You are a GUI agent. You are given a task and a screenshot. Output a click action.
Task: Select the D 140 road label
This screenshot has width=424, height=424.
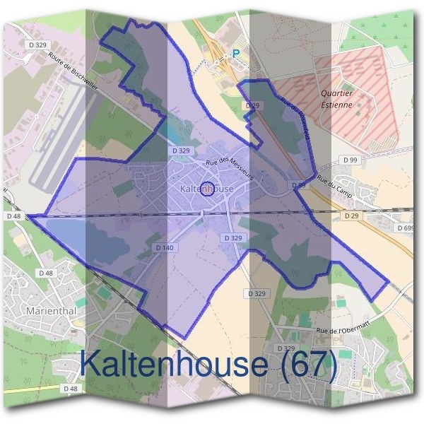[x=164, y=247]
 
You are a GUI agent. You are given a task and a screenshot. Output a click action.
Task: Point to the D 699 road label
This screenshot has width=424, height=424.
[x=406, y=228]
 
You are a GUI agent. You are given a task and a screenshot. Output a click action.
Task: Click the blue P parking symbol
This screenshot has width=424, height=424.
[x=237, y=53]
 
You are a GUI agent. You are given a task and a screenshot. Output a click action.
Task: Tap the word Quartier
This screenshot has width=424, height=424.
[x=336, y=93]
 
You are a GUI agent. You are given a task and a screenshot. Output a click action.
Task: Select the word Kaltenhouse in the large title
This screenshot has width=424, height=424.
[x=173, y=364]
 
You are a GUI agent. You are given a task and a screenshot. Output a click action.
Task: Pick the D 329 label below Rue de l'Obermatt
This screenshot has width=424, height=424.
[x=285, y=348]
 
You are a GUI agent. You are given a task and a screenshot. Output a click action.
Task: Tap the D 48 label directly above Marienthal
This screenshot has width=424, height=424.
[x=47, y=273]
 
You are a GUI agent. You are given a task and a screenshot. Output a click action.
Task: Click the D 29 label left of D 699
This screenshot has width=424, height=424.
[x=351, y=215]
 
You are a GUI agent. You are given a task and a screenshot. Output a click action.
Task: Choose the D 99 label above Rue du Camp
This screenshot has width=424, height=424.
[x=348, y=160]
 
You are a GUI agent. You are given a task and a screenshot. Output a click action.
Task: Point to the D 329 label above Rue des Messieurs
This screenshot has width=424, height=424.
[x=181, y=151]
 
